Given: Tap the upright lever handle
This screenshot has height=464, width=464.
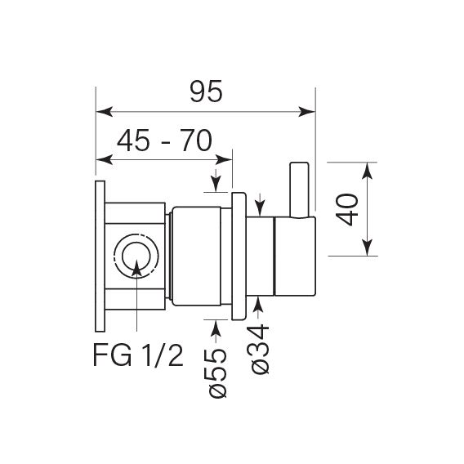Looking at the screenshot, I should tap(299, 190).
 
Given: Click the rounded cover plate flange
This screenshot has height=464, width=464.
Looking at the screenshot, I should tap(240, 256).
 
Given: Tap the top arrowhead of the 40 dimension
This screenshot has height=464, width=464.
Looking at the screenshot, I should tap(368, 170).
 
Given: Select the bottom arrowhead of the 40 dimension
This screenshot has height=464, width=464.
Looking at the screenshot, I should tap(368, 249).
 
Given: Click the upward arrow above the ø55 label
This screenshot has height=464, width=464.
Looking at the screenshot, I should tap(216, 327).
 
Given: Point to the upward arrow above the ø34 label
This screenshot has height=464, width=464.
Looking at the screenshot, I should tap(260, 305).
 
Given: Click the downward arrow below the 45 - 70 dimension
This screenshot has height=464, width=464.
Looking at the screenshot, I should tap(216, 185).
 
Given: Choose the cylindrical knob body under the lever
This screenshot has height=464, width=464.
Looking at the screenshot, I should tap(293, 256).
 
